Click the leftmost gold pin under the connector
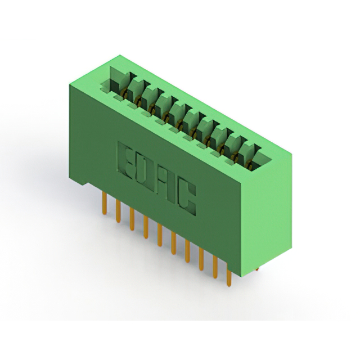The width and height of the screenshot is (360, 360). (105, 204)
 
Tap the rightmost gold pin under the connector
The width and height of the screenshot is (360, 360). (229, 275)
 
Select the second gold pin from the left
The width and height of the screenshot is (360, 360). (118, 211)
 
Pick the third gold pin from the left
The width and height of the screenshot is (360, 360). (132, 219)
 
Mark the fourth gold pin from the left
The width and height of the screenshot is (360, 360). (146, 227)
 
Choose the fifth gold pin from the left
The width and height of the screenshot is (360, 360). (160, 235)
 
